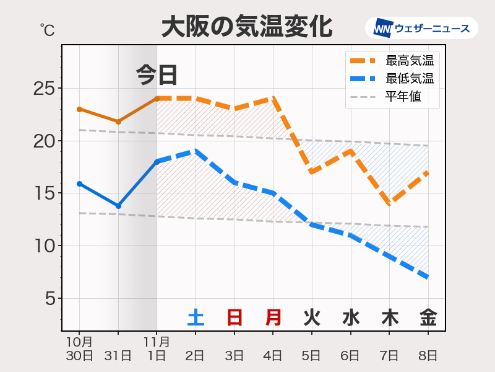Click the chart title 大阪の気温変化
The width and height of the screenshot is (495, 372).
click(x=247, y=27)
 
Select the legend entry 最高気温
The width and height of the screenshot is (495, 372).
click(x=408, y=61)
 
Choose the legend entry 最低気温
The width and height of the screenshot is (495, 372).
click(x=408, y=79)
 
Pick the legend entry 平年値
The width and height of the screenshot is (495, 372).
click(x=403, y=97)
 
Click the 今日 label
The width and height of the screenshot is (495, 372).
click(x=157, y=75)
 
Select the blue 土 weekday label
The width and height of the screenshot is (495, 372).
click(x=196, y=317)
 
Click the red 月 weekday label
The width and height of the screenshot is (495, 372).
click(x=273, y=317)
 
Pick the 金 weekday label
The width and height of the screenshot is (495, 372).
click(x=428, y=317)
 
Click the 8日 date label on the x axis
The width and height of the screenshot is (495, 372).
click(x=428, y=355)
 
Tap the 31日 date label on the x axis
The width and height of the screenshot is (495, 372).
click(x=118, y=355)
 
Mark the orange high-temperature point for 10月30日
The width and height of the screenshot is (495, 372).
click(x=79, y=109)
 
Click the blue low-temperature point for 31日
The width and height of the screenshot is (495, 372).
click(x=118, y=206)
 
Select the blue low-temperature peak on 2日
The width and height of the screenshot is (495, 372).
click(x=196, y=151)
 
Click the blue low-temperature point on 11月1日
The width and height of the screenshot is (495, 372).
click(x=157, y=161)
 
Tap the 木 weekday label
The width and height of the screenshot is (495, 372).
click(x=389, y=317)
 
